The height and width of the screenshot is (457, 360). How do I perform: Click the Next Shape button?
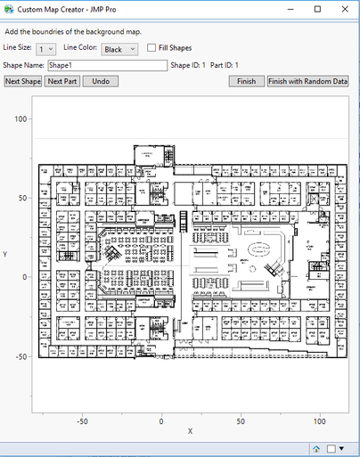pyautogui.click(x=23, y=81)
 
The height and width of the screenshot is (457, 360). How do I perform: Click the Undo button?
pyautogui.click(x=101, y=81)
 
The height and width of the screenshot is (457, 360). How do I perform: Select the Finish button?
pyautogui.click(x=246, y=81)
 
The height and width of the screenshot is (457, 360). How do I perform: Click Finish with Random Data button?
pyautogui.click(x=307, y=81)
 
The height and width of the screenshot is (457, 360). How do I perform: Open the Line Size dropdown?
pyautogui.click(x=45, y=49)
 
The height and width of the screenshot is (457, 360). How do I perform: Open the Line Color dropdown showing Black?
pyautogui.click(x=119, y=49)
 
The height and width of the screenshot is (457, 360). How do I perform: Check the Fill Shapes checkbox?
pyautogui.click(x=152, y=48)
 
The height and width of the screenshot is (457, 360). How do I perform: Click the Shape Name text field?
pyautogui.click(x=107, y=65)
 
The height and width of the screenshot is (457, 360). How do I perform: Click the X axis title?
pyautogui.click(x=190, y=432)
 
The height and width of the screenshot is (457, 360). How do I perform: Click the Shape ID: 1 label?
pyautogui.click(x=188, y=65)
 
